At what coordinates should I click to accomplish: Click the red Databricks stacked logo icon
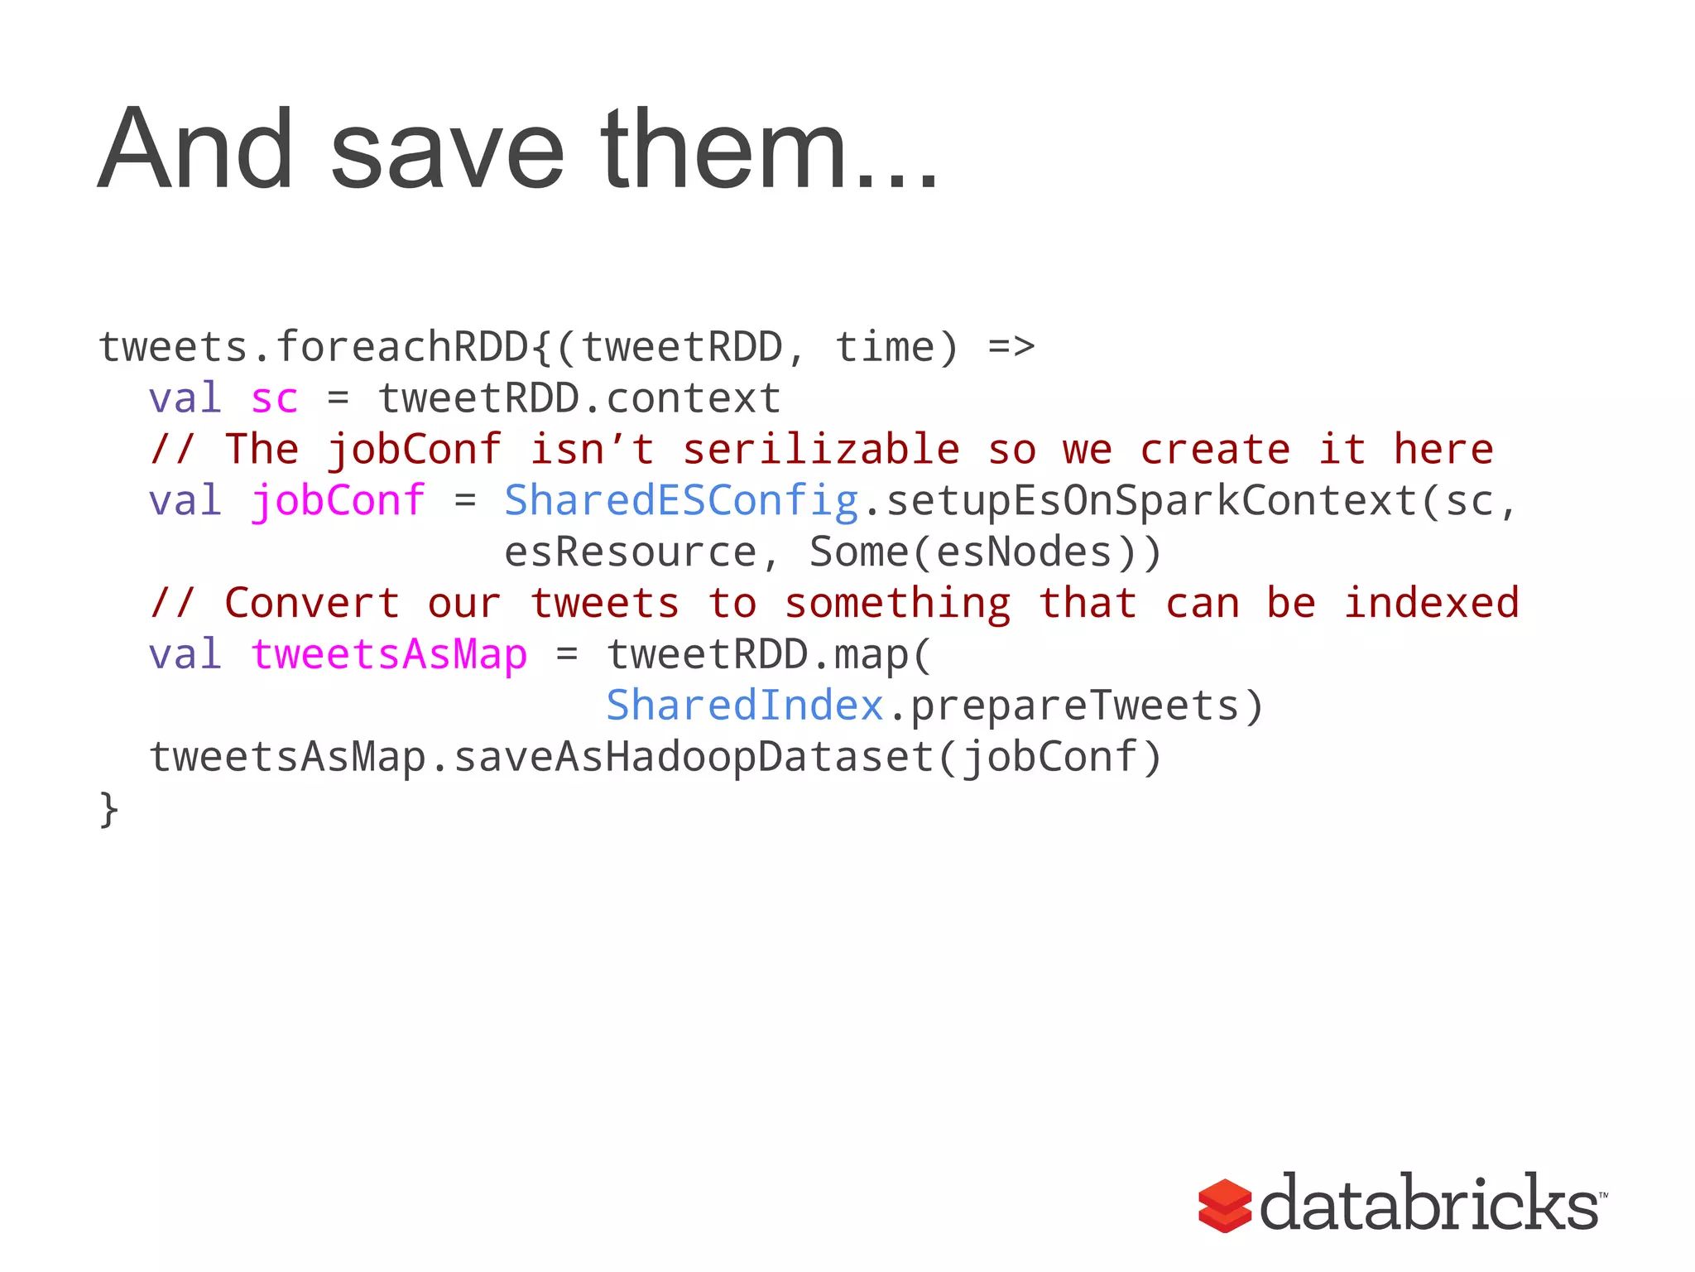1225,1205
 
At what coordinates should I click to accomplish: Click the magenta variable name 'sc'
274,399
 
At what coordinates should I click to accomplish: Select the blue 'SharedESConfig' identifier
681,501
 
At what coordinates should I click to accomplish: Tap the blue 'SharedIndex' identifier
745,706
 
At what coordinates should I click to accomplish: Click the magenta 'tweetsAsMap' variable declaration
389,655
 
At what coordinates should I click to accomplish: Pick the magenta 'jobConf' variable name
338,501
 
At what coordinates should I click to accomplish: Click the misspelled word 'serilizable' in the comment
821,450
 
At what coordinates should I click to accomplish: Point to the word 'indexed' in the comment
1431,603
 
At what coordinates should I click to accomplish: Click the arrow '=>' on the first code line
1011,347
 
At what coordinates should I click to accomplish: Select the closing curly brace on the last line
108,808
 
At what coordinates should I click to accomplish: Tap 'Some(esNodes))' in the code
986,552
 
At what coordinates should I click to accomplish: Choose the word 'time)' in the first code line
896,347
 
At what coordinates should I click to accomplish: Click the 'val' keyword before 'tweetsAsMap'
185,655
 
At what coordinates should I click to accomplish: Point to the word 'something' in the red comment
898,603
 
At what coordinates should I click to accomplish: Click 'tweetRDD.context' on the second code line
579,399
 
